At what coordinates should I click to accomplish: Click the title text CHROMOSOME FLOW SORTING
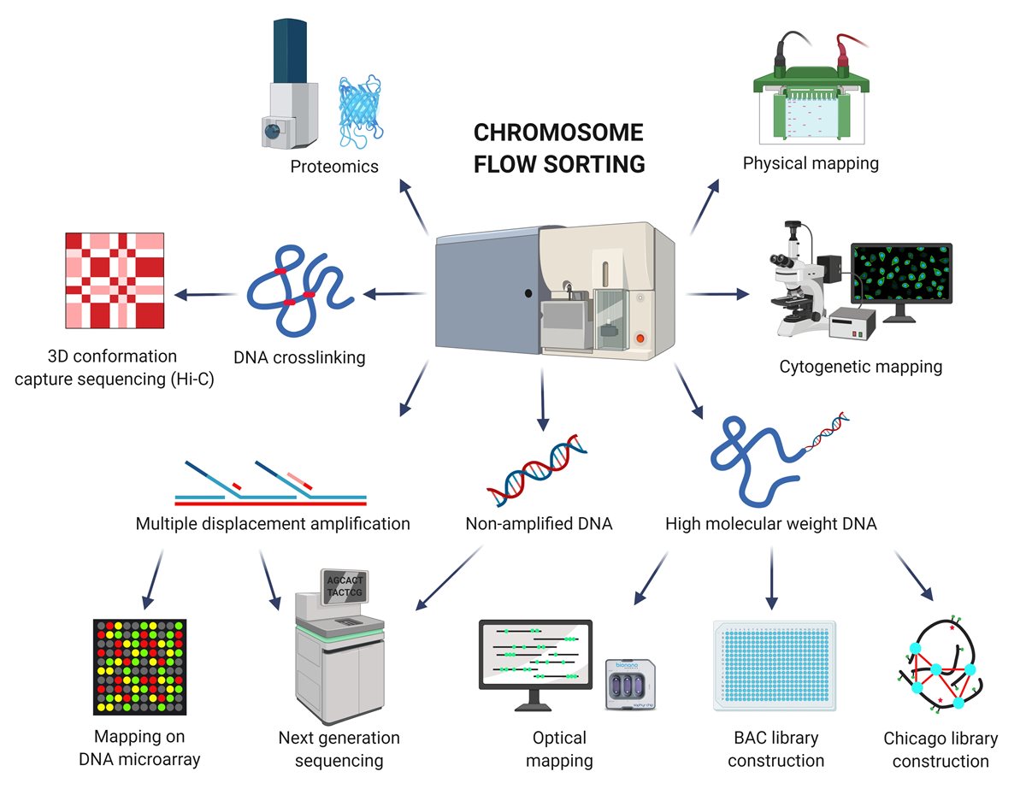558,148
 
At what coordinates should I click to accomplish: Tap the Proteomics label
333,166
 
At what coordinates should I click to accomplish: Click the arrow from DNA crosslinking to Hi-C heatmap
204,296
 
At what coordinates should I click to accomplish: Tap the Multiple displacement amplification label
273,523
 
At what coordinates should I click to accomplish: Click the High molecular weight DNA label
770,523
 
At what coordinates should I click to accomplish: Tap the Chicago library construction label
940,750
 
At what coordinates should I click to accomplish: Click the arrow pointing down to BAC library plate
772,578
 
